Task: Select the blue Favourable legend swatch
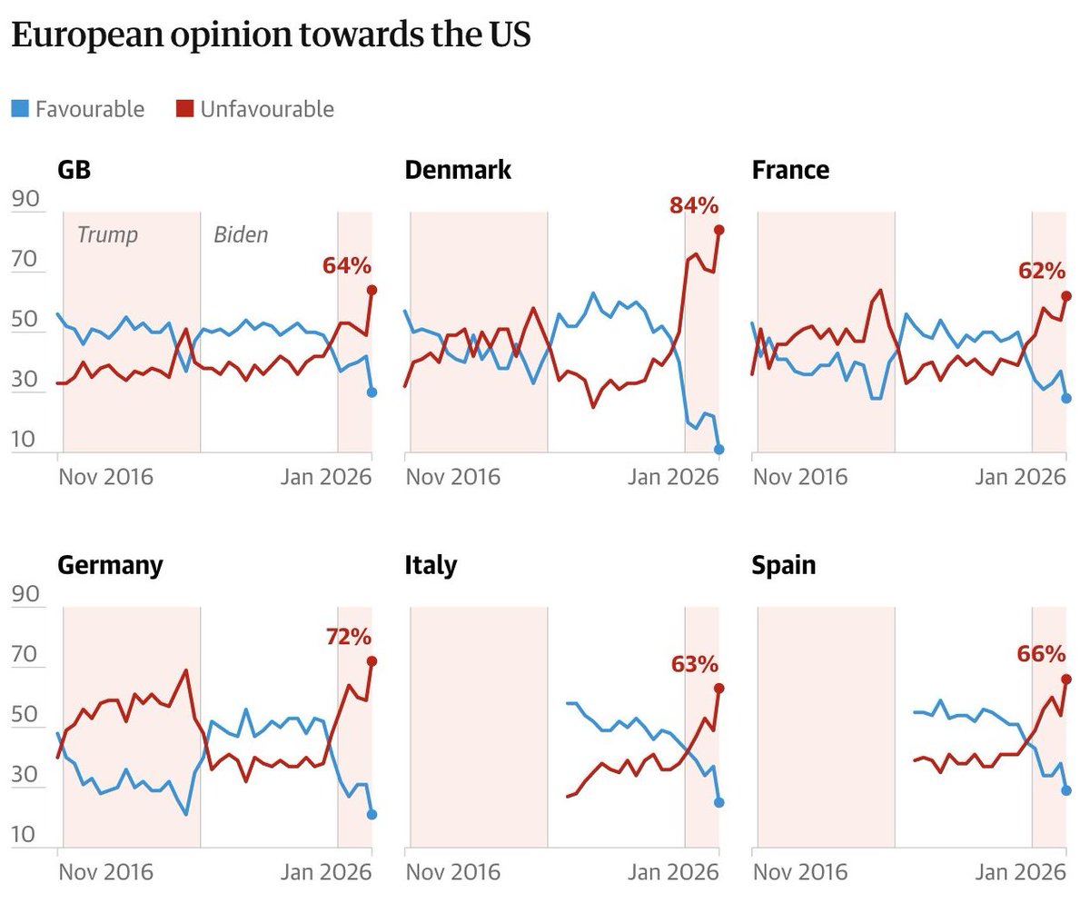click(19, 110)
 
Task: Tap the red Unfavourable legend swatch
click(184, 110)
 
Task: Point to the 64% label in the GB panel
click(347, 266)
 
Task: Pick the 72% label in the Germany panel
click(350, 637)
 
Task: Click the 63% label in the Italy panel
click(695, 664)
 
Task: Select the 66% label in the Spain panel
click(1042, 654)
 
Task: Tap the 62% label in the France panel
click(1041, 271)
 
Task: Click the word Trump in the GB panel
click(107, 235)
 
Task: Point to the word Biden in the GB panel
click(241, 235)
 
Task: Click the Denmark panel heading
click(458, 170)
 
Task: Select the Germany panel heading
click(110, 565)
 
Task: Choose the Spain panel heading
click(783, 565)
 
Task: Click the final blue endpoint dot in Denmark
click(718, 449)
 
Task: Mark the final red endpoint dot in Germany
click(372, 660)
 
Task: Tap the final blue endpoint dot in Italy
click(718, 802)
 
